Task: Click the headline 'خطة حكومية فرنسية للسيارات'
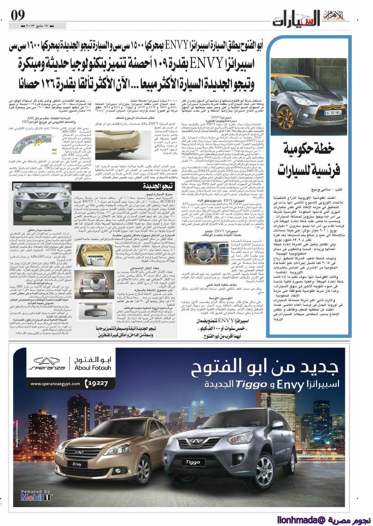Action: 314,161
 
